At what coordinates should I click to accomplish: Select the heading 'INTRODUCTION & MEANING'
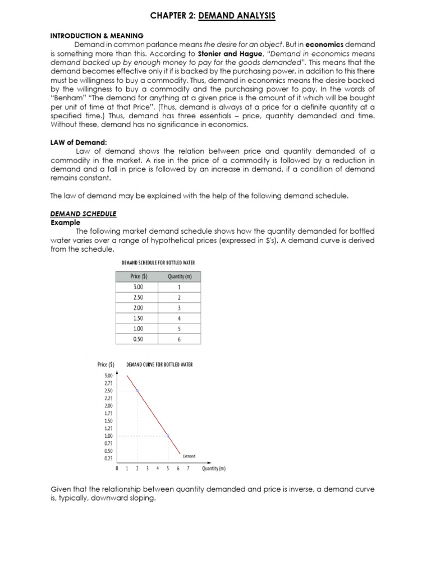97,36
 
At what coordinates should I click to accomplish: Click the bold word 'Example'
66,223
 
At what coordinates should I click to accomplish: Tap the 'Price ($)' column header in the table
138,276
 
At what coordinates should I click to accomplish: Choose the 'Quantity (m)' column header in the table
179,276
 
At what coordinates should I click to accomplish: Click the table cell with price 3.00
137,286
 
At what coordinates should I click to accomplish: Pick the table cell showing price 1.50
137,318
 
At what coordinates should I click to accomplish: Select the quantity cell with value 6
179,339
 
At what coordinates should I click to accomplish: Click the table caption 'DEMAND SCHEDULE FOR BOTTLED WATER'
159,262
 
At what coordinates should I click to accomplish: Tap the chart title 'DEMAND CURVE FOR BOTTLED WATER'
159,364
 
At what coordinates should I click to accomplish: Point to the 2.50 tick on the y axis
108,390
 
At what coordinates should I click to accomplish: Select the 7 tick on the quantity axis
188,469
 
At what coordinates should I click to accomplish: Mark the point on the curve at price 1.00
168,436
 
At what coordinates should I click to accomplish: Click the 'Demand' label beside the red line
189,456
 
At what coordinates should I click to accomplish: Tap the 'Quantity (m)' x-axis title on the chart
214,469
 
